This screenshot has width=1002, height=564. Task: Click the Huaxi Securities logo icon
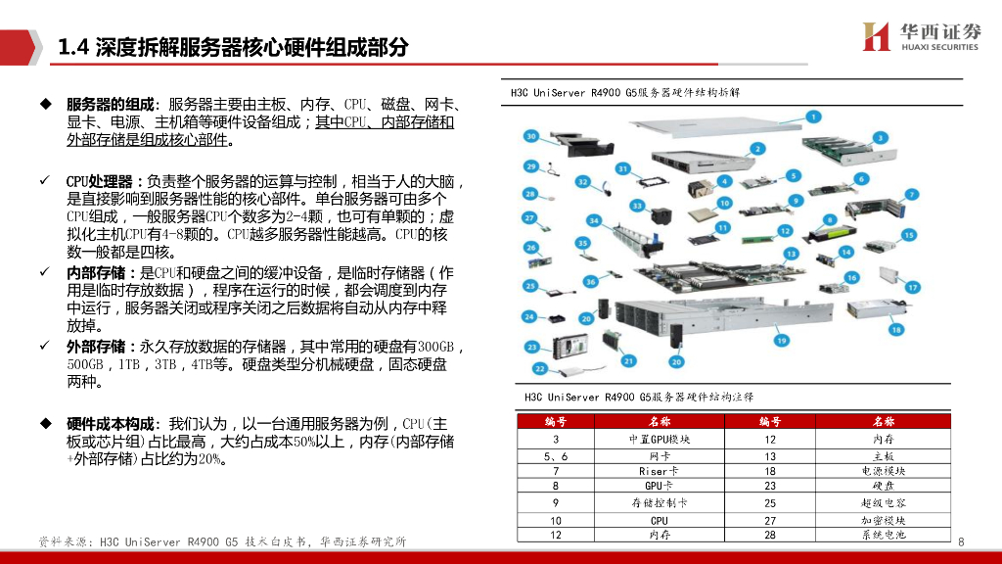[x=876, y=35]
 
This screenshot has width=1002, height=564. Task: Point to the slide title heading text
[x=233, y=47]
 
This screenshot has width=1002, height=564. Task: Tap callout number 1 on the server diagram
[x=812, y=116]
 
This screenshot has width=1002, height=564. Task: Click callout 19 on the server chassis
[x=781, y=340]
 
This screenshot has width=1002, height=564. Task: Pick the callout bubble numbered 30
[x=531, y=136]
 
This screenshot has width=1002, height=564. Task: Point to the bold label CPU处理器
[x=104, y=182]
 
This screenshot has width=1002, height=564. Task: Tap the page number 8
[x=961, y=542]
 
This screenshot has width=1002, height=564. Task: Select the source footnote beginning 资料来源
[x=222, y=541]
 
